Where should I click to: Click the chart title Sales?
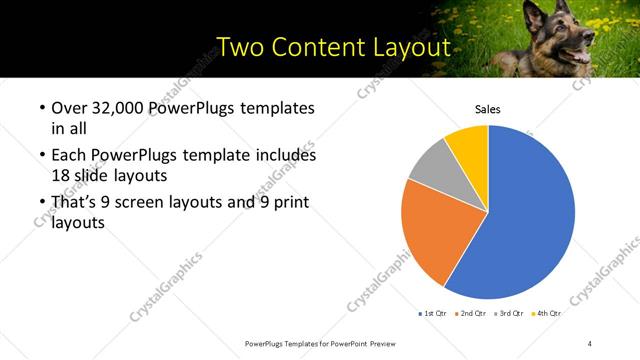click(x=487, y=110)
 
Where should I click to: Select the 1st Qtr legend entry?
click(x=433, y=313)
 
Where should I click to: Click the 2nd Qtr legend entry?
click(x=471, y=313)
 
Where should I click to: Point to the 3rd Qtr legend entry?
click(x=510, y=313)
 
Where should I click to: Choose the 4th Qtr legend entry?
click(x=547, y=313)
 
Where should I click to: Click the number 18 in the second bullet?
click(x=60, y=174)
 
